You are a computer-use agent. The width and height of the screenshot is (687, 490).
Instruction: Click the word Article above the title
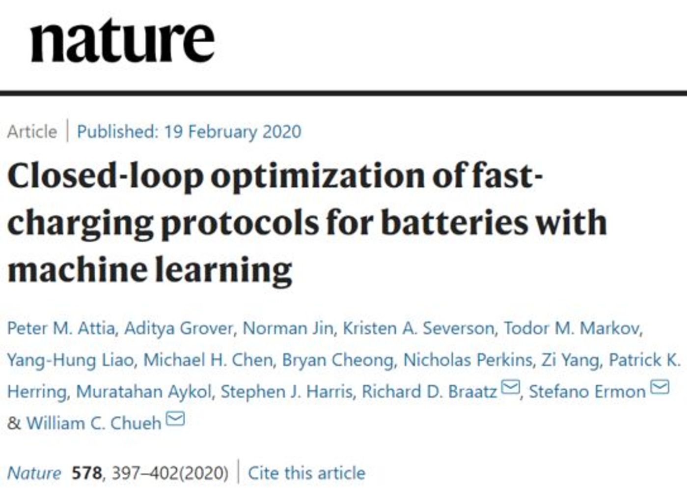coord(32,132)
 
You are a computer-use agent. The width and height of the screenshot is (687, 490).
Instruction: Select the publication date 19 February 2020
coord(232,132)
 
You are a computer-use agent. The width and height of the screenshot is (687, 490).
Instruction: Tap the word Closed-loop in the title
coord(105,176)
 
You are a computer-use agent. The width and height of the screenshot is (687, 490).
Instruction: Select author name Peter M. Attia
coord(61,328)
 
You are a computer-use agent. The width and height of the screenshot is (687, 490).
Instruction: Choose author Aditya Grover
coord(179,328)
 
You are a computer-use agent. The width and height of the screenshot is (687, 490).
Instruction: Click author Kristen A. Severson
coord(418,328)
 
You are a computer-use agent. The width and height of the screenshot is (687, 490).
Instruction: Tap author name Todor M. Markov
coord(573,328)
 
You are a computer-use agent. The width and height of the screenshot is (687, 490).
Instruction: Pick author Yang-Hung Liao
coord(70,360)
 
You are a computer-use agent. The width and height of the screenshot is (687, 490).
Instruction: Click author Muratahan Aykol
coord(144,392)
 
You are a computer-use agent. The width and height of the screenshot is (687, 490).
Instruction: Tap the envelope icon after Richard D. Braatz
coord(511,388)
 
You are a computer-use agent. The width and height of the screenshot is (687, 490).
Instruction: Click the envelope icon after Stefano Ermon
coord(660,388)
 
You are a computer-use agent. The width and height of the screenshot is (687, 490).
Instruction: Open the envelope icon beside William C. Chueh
coord(175,419)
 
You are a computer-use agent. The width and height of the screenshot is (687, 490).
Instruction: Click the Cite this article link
coord(306,473)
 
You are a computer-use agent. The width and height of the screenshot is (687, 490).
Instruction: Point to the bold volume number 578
coord(86,473)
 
